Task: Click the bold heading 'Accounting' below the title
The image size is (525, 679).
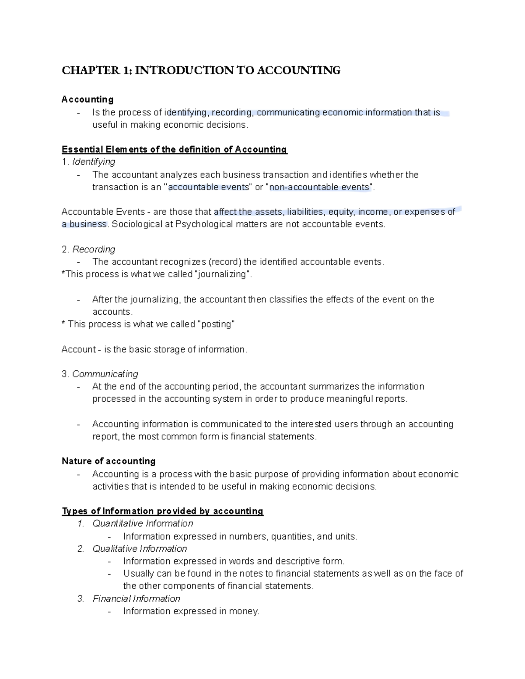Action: click(87, 100)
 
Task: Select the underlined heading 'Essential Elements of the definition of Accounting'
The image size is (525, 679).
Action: click(174, 150)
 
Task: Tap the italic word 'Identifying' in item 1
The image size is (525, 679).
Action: click(94, 162)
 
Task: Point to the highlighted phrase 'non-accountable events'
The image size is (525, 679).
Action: click(321, 187)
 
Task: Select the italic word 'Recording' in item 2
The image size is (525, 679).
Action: click(94, 249)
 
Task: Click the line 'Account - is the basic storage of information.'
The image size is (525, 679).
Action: click(154, 349)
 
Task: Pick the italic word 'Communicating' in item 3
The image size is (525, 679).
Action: click(105, 374)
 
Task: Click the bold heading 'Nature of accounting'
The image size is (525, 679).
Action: click(108, 461)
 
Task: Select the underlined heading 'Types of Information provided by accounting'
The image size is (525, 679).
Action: click(162, 511)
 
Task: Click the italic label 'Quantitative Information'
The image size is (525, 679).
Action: click(143, 523)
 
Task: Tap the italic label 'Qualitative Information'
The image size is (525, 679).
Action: click(140, 549)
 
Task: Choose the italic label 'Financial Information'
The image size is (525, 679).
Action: click(136, 599)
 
